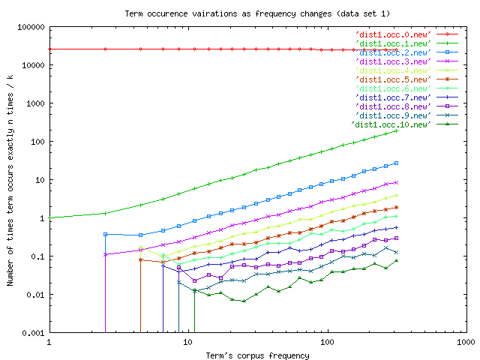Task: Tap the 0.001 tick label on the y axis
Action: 32,333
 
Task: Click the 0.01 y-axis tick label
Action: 34,295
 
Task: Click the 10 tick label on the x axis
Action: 187,343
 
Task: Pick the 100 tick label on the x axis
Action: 326,343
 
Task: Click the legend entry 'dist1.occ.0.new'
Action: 392,34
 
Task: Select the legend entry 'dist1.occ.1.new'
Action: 392,43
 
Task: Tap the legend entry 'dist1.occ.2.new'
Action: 392,52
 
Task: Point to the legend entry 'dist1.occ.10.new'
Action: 390,124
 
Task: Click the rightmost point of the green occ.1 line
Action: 396,130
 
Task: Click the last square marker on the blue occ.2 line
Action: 396,163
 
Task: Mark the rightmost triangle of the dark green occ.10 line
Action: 396,261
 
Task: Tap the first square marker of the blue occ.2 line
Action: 105,234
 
